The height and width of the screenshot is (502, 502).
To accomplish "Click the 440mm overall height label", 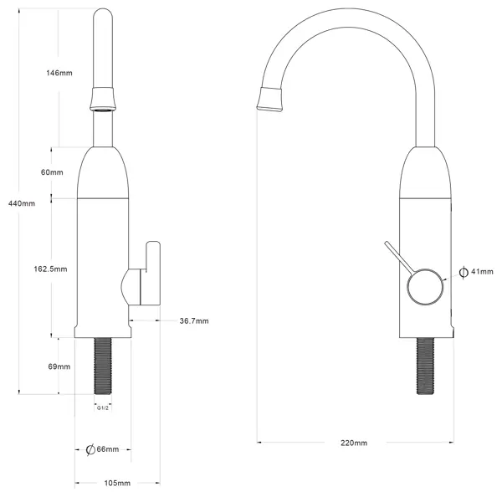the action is point(22,203).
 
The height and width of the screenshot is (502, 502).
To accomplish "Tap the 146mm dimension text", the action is point(59,73).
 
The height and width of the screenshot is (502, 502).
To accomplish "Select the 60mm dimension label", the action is point(52,172).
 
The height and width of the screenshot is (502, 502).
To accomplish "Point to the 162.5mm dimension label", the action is point(50,269).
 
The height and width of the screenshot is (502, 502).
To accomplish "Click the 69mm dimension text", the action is point(59,366).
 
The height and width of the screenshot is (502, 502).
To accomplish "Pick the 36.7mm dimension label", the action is point(194,320).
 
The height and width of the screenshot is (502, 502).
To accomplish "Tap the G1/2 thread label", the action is point(103,408).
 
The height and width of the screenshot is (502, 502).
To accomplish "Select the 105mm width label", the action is point(117,483).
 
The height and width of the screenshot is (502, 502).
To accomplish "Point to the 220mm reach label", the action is point(354,443).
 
